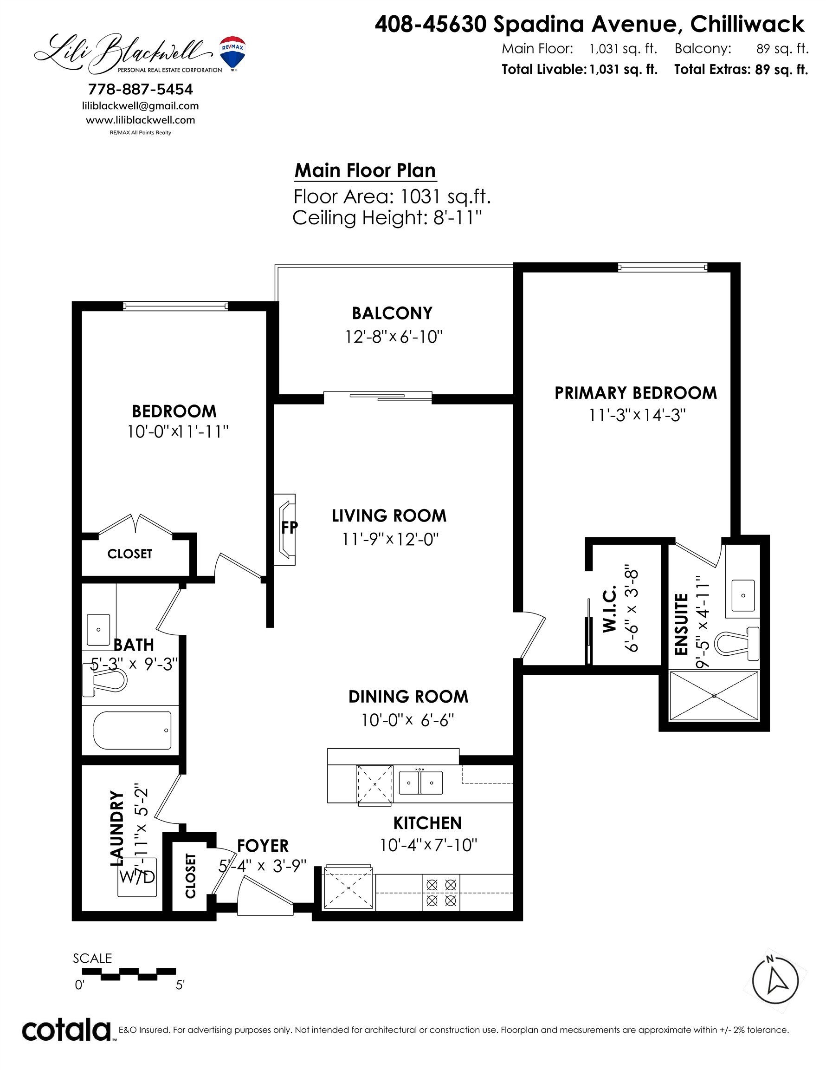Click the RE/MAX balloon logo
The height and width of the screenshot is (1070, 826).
pos(232,53)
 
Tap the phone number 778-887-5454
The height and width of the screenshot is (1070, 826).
pos(141,89)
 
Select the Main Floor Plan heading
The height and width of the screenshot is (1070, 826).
pos(365,170)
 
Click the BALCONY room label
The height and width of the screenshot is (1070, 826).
pos(392,313)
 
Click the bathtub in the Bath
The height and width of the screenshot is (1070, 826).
pos(132,731)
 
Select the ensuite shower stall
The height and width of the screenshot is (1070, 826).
pos(713,696)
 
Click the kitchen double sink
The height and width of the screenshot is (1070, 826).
pos(420,783)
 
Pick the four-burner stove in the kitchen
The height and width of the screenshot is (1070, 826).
pos(441,893)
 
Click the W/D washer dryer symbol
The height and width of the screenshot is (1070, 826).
pos(137,877)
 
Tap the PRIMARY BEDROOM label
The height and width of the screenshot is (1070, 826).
pos(636,393)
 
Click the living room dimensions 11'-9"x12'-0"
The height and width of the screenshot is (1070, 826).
pos(390,539)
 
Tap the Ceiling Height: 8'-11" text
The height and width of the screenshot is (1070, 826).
pos(387,217)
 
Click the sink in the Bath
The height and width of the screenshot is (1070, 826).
pos(98,630)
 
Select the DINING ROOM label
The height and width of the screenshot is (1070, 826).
pos(408,697)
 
